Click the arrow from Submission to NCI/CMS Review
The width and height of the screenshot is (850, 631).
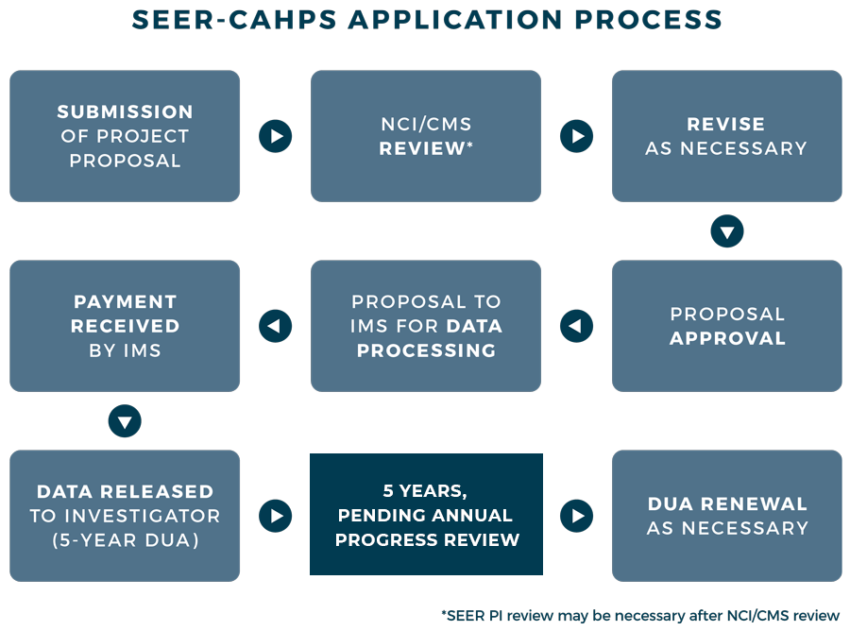pos(275,136)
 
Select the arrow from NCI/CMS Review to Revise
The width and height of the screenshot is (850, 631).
pos(576,136)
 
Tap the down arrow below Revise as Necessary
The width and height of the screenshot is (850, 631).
pos(726,231)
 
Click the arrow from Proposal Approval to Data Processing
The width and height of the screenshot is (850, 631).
pos(576,326)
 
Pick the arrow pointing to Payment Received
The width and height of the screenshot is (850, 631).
pos(275,326)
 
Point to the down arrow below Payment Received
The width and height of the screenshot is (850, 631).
pos(125,420)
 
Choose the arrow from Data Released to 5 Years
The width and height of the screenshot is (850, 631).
pos(275,516)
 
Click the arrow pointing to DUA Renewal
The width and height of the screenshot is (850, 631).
pos(576,516)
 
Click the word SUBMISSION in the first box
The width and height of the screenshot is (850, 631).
pos(125,111)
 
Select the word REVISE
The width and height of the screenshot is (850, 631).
pos(725,124)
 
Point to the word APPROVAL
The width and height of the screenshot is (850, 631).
pos(727,338)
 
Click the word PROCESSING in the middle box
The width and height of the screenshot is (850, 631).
pos(426,350)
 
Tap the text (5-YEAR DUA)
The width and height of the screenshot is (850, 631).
pos(125,540)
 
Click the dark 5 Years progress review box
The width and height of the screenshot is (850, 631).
pos(426,515)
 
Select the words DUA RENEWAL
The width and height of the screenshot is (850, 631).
pos(727,503)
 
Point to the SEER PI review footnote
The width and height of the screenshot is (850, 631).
pos(639,615)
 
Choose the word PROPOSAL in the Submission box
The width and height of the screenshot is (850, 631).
pos(125,161)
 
